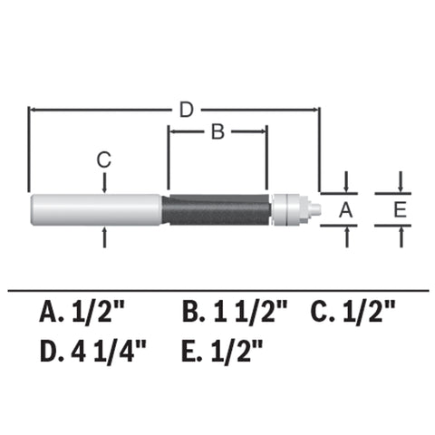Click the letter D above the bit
pyautogui.click(x=186, y=110)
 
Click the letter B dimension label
pyautogui.click(x=217, y=132)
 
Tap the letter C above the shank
pyautogui.click(x=105, y=159)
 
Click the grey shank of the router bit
pyautogui.click(x=95, y=208)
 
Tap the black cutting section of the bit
pyautogui.click(x=217, y=208)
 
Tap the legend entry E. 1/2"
pyautogui.click(x=224, y=348)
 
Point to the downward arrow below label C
pyautogui.click(x=106, y=184)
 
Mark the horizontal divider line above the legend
pyautogui.click(x=217, y=290)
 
